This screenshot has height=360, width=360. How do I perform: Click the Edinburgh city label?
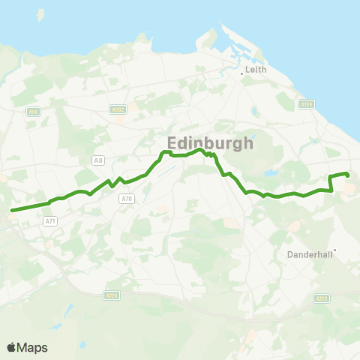[x=209, y=142]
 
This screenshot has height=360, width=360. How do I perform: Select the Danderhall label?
[x=309, y=254]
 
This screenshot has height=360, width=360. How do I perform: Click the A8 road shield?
[x=98, y=160]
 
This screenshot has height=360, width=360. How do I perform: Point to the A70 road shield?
[x=127, y=198]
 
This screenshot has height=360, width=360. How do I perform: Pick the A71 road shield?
[x=50, y=221]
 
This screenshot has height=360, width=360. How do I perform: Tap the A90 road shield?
[x=34, y=112]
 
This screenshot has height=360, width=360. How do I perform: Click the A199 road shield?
[x=305, y=104]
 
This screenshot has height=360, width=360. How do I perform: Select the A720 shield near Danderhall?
[x=322, y=298]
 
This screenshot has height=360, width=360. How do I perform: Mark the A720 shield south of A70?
[x=112, y=295]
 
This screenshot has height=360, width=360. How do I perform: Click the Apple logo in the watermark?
[x=12, y=347]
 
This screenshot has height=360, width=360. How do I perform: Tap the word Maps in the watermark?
[x=34, y=347]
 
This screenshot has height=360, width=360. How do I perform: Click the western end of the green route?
[x=12, y=210]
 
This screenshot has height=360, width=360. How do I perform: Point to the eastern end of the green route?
[x=347, y=175]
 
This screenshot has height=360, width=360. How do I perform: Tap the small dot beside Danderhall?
[x=335, y=250]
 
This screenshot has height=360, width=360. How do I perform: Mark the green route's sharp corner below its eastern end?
[x=331, y=191]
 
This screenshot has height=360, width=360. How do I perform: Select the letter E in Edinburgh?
[x=172, y=142]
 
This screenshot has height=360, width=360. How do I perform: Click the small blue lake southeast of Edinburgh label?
[x=271, y=173]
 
